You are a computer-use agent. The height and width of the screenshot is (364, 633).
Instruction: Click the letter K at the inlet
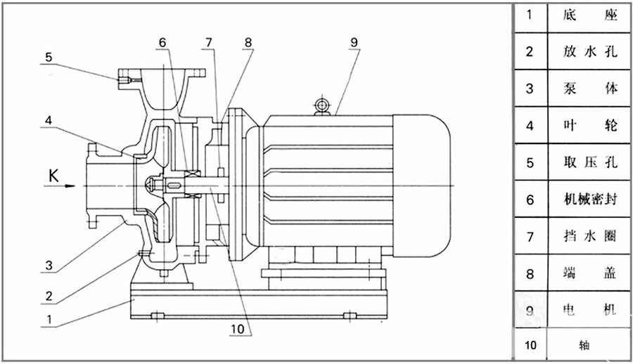(x=53, y=174)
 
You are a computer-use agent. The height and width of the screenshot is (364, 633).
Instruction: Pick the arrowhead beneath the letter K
(x=69, y=186)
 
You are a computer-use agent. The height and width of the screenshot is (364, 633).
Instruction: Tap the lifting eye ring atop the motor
(x=322, y=105)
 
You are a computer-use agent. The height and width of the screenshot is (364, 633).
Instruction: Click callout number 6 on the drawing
(x=163, y=41)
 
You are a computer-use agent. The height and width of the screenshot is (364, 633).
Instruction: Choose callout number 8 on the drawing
(x=248, y=41)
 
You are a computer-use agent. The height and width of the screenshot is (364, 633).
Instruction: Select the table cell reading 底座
(x=590, y=15)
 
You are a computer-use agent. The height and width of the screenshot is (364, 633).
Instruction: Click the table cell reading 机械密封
(x=590, y=199)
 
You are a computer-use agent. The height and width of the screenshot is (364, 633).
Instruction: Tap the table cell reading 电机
(x=590, y=309)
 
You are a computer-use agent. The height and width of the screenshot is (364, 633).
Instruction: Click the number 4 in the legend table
(x=530, y=126)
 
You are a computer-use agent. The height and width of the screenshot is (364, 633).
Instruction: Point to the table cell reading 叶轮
(x=590, y=126)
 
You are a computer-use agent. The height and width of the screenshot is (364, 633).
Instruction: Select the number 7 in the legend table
(x=530, y=235)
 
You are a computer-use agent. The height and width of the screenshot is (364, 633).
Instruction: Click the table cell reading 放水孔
(x=590, y=51)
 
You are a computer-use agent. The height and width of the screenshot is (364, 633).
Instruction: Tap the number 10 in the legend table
(x=530, y=345)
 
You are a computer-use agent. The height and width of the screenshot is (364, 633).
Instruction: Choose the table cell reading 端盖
(x=590, y=272)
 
